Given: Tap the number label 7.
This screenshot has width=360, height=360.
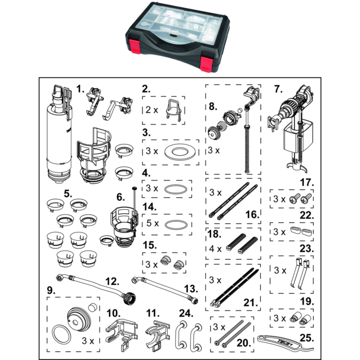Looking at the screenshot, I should tap(278, 89).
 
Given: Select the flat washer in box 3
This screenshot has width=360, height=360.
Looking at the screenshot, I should tap(179, 152).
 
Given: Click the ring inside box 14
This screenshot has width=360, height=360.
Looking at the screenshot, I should tap(175, 224).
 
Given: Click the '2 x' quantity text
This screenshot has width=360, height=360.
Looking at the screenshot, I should tap(152, 110).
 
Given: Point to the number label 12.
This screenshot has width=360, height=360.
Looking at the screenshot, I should tap(112, 281).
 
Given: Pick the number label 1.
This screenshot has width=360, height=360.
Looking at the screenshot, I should tap(80, 88).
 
